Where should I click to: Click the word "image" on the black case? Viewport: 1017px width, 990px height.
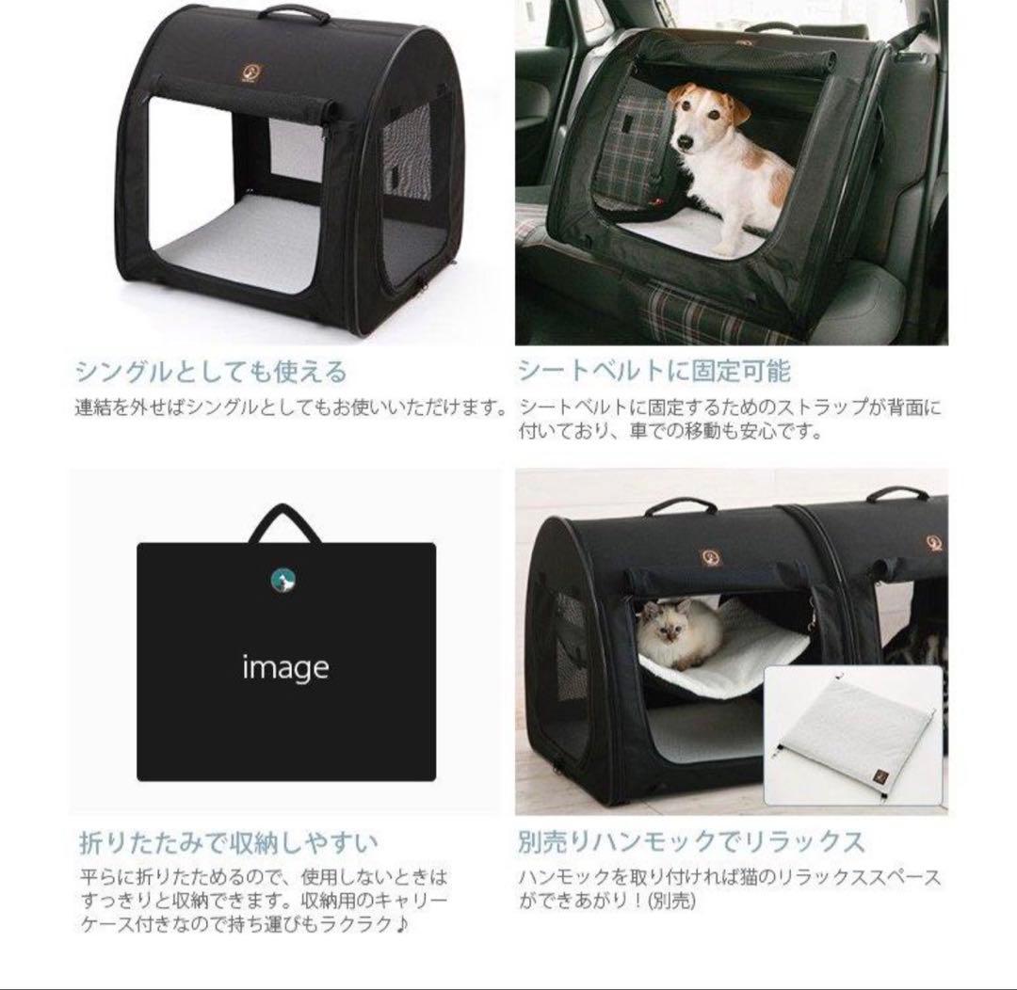coord(285,668)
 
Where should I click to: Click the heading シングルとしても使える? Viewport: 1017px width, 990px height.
coord(211,372)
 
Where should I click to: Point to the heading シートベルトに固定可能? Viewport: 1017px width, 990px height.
coord(654,372)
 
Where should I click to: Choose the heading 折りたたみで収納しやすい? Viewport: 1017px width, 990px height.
coord(229,840)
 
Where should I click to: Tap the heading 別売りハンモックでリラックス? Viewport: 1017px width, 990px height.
coord(691,840)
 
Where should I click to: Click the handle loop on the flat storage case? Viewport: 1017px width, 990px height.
coord(284,523)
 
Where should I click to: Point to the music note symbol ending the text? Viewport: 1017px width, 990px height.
coord(402,925)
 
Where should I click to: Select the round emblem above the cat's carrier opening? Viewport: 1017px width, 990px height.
coord(709,556)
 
